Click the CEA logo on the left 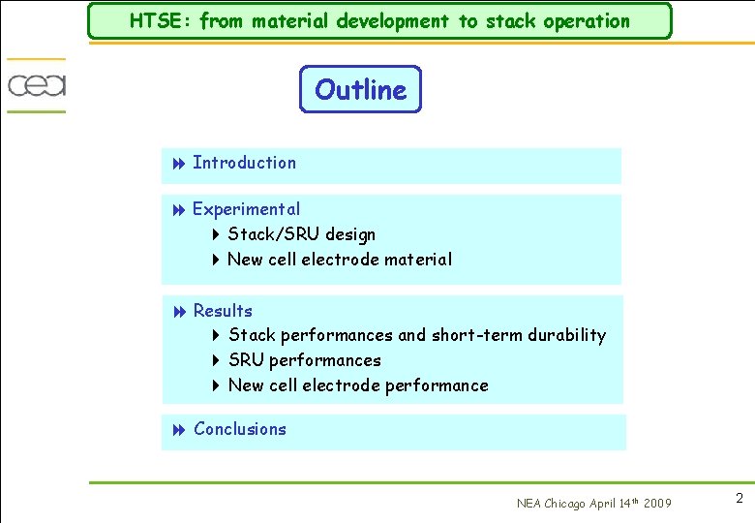point(37,85)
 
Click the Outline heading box point(360,89)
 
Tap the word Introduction point(244,163)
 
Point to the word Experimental point(246,209)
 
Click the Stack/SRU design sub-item point(301,234)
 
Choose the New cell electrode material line point(339,260)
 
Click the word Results point(223,311)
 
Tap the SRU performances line point(304,360)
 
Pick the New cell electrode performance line point(357,385)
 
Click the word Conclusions point(240,429)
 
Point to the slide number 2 point(739,499)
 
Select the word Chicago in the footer point(565,503)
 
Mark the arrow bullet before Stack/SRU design point(216,235)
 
